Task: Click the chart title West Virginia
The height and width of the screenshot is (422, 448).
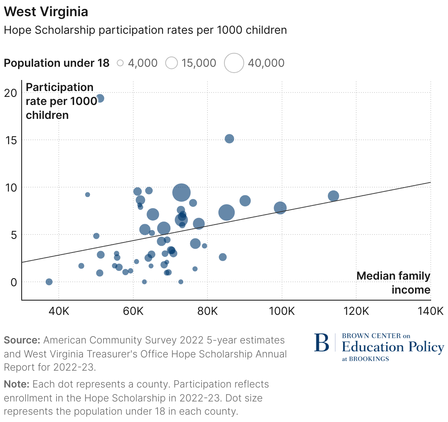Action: pyautogui.click(x=46, y=12)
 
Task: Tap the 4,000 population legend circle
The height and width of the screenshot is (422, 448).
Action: pyautogui.click(x=120, y=63)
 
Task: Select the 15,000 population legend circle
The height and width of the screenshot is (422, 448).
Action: pyautogui.click(x=171, y=63)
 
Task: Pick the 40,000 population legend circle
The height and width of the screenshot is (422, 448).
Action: pyautogui.click(x=234, y=63)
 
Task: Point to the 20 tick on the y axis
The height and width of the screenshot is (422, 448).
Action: pyautogui.click(x=11, y=93)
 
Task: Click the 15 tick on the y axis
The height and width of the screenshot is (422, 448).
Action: pyautogui.click(x=11, y=140)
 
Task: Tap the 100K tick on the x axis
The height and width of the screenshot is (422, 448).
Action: pyautogui.click(x=282, y=311)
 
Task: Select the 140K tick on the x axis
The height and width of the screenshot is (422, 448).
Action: pyautogui.click(x=430, y=311)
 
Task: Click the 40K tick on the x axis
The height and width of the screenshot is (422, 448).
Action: pyautogui.click(x=59, y=311)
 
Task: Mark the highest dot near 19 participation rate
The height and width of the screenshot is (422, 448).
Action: pyautogui.click(x=100, y=98)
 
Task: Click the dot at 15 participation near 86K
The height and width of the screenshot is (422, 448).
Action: pyautogui.click(x=229, y=139)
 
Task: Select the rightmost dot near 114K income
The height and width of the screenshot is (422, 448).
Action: pyautogui.click(x=333, y=196)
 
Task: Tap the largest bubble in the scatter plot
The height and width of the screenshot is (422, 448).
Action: pyautogui.click(x=181, y=192)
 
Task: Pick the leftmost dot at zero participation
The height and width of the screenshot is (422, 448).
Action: pyautogui.click(x=49, y=282)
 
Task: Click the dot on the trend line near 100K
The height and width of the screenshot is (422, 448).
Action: pyautogui.click(x=280, y=208)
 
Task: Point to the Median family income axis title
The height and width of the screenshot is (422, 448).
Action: pyautogui.click(x=393, y=283)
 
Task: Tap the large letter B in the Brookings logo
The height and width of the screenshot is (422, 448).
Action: pyautogui.click(x=322, y=343)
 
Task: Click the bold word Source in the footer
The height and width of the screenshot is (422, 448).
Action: pyautogui.click(x=22, y=340)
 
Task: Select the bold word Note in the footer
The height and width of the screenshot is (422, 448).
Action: pyautogui.click(x=16, y=384)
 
